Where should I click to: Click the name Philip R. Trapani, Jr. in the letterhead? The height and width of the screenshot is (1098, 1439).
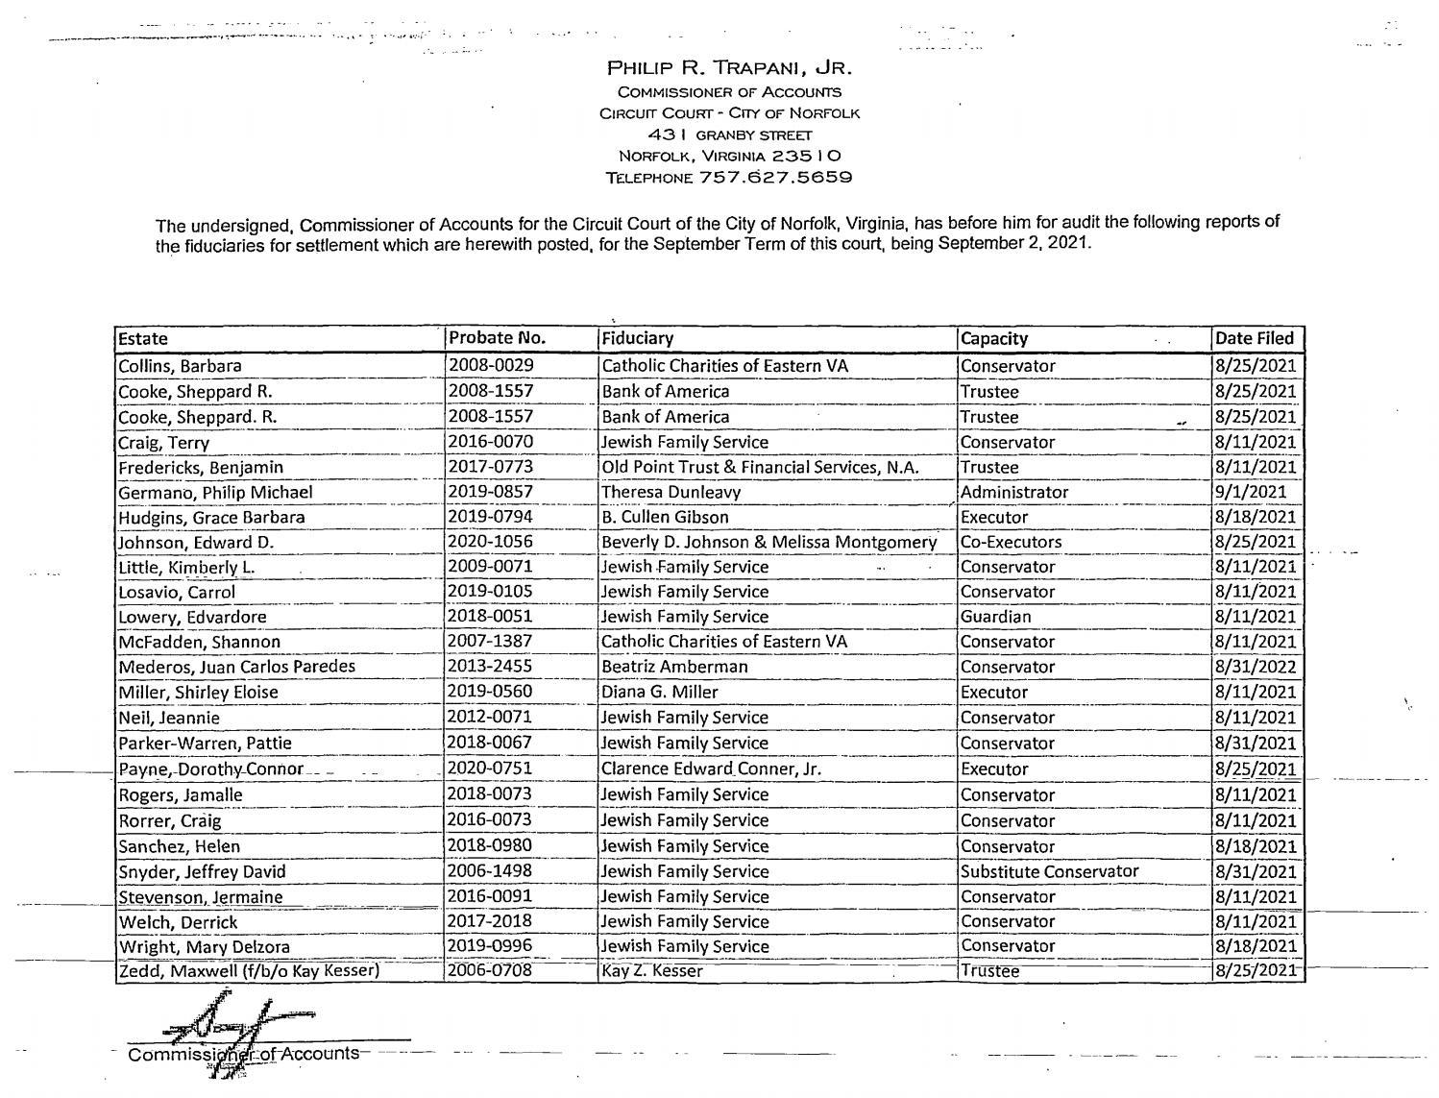[x=729, y=68]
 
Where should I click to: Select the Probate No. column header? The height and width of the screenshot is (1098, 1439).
[x=497, y=338]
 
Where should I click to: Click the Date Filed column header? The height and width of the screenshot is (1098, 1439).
[x=1255, y=338]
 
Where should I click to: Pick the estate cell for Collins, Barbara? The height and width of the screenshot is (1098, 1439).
[x=180, y=366]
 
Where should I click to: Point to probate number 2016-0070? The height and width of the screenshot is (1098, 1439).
[x=491, y=442]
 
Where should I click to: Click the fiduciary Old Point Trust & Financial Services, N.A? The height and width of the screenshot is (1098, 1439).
[x=760, y=467]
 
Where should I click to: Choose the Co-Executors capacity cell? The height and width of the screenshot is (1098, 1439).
[x=1011, y=542]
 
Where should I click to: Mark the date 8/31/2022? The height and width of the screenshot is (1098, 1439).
[x=1255, y=667]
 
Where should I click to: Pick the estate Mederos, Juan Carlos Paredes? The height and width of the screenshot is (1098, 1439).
[x=236, y=667]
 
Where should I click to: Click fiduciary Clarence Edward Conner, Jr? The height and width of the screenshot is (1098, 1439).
[x=711, y=769]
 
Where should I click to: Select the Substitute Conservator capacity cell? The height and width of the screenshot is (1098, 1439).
[x=1049, y=871]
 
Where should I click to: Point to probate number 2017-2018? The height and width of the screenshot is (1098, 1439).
[x=491, y=921]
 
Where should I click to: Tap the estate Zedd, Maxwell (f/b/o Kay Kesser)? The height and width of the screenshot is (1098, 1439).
[x=249, y=970]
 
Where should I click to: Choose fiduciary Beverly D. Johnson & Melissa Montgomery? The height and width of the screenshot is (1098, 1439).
[x=768, y=542]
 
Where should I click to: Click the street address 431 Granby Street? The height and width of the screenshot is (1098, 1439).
[x=729, y=134]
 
